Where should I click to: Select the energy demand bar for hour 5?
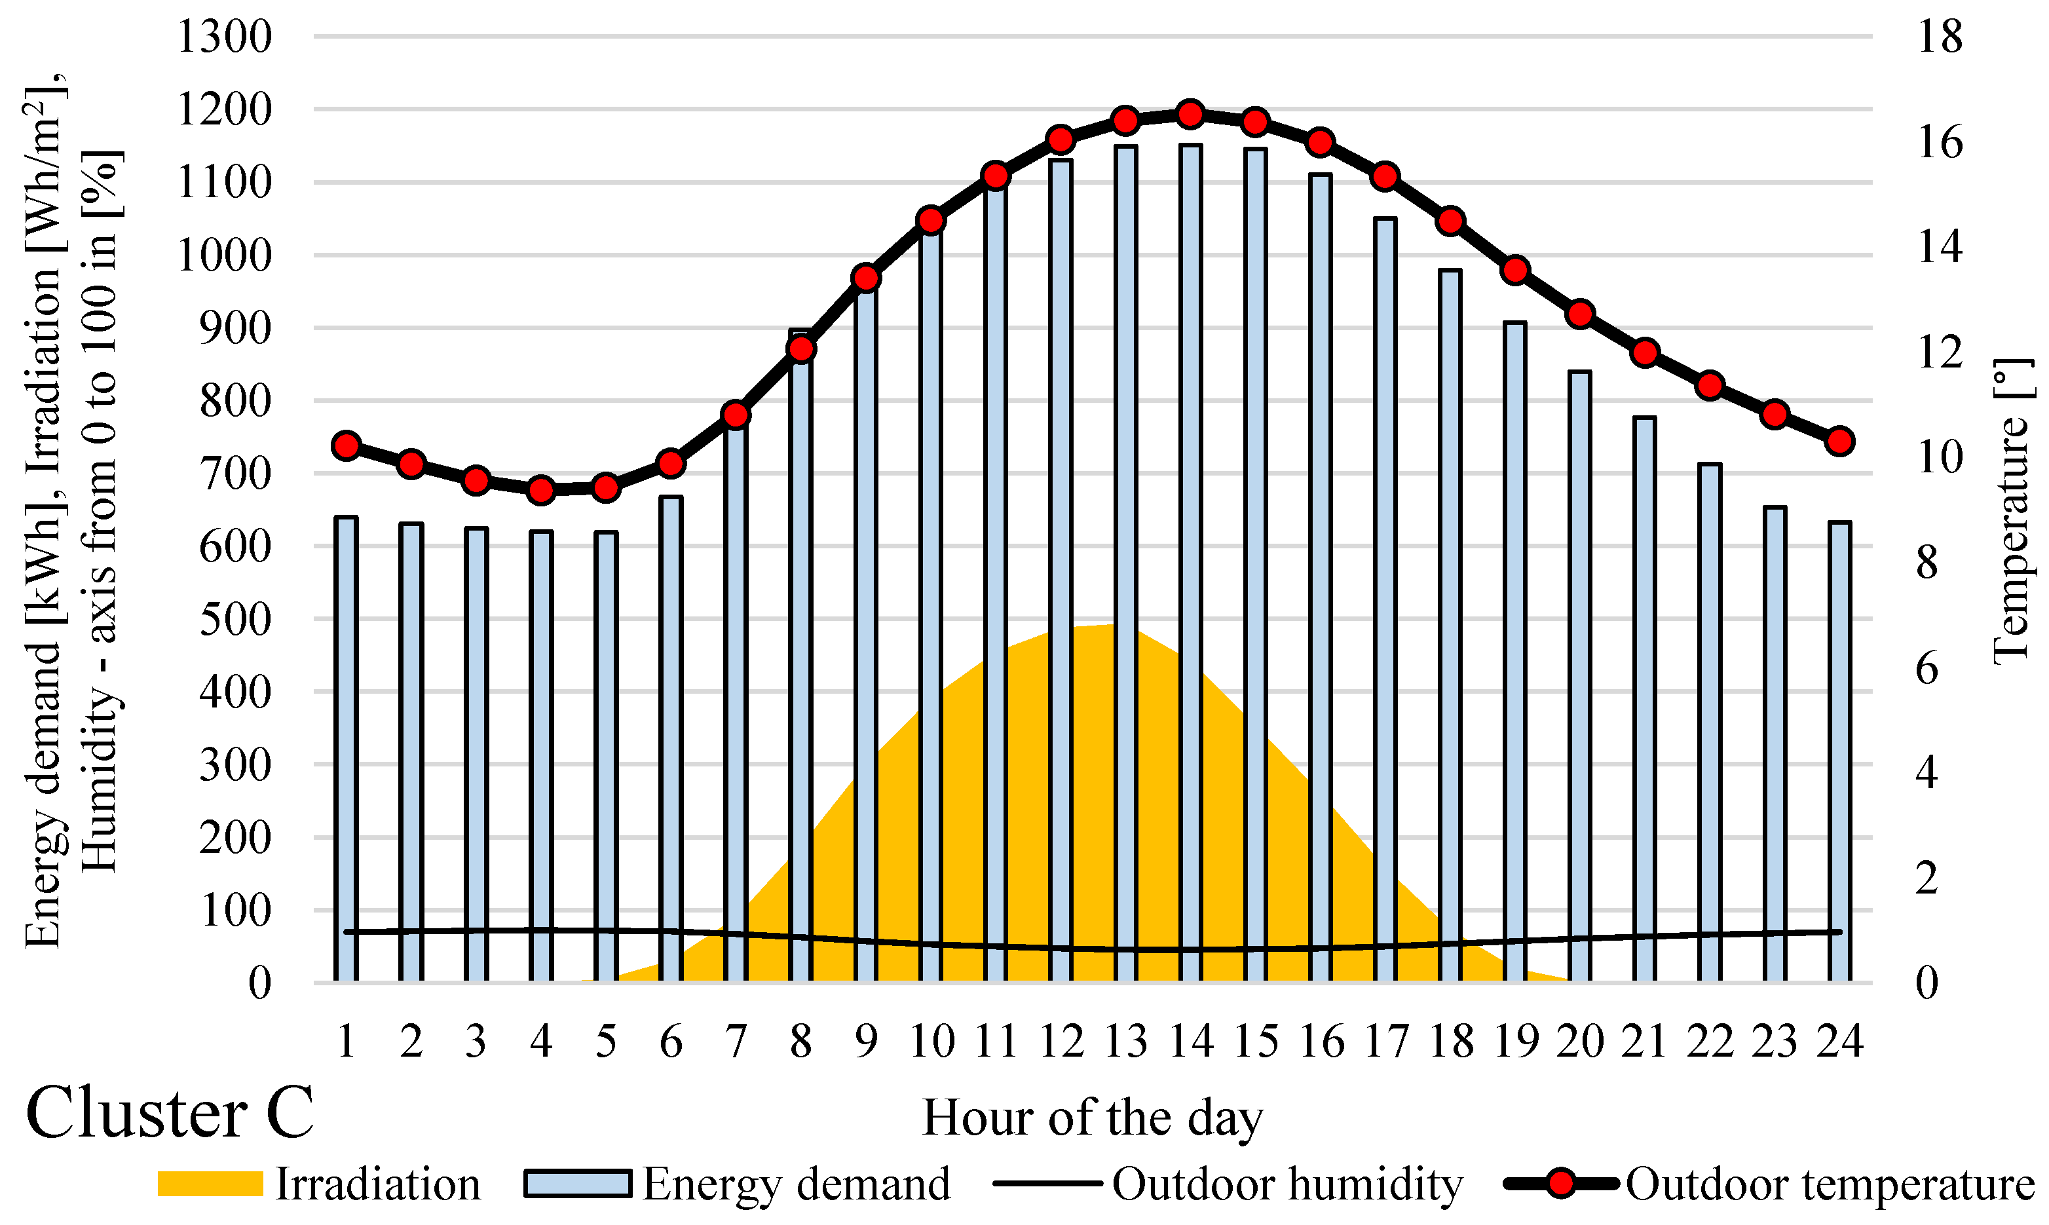coord(607,755)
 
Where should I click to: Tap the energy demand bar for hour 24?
coord(1840,751)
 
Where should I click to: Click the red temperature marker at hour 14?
coord(1191,114)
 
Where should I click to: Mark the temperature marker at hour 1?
coord(347,445)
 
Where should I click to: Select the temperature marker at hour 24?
coord(1840,442)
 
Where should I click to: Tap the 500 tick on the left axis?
coord(235,619)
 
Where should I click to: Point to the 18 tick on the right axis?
coord(1939,37)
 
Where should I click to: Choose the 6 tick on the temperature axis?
coord(1927,669)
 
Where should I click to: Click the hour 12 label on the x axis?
coord(1061,1042)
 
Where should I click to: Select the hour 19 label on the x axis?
coord(1516,1042)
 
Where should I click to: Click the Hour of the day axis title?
coord(1092,1118)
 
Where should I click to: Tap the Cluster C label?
coord(169,1113)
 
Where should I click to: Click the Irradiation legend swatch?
coord(210,1184)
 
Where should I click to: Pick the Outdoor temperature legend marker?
coord(1560,1184)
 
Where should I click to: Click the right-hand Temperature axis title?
coord(2011,512)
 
